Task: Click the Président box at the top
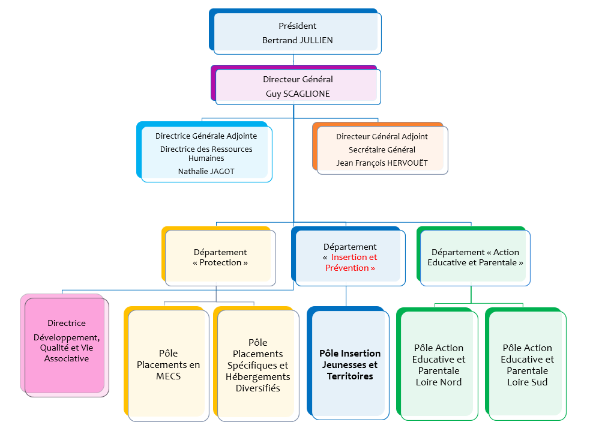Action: pos(295,31)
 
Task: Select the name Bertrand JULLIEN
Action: pos(297,40)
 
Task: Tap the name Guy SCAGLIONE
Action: pos(298,94)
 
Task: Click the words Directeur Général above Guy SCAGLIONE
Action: pos(298,79)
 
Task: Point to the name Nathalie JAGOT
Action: pos(206,171)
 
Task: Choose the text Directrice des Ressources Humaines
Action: pos(206,154)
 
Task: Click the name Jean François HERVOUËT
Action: pos(382,163)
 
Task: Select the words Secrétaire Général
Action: pos(382,150)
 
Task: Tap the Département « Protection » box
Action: pos(218,256)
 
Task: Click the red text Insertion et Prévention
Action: pos(351,262)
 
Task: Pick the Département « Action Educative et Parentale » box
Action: pos(474,256)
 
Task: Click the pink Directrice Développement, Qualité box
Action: pos(64,345)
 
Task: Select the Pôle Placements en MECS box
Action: pos(166,364)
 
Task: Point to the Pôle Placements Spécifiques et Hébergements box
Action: pos(256,364)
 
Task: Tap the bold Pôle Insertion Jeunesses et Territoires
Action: pos(350,364)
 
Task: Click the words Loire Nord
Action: pos(438,382)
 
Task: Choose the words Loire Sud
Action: pos(527,382)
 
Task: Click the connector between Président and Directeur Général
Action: pos(293,60)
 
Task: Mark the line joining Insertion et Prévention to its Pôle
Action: pos(346,296)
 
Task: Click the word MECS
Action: pos(168,376)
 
